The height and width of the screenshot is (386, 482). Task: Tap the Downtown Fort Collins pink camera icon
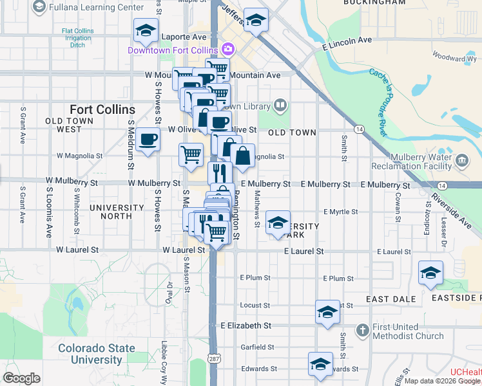coord(227,49)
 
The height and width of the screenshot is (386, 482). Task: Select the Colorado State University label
coord(97,354)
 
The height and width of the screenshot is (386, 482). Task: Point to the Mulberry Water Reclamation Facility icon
coord(461,160)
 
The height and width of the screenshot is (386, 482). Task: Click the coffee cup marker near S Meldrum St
coord(148,138)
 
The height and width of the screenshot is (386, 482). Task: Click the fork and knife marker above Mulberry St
coord(220,172)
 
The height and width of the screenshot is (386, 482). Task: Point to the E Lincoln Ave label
coord(347,41)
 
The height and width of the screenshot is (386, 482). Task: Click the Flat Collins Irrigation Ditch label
coord(77,38)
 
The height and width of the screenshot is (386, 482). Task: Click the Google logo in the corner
coord(22,378)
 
